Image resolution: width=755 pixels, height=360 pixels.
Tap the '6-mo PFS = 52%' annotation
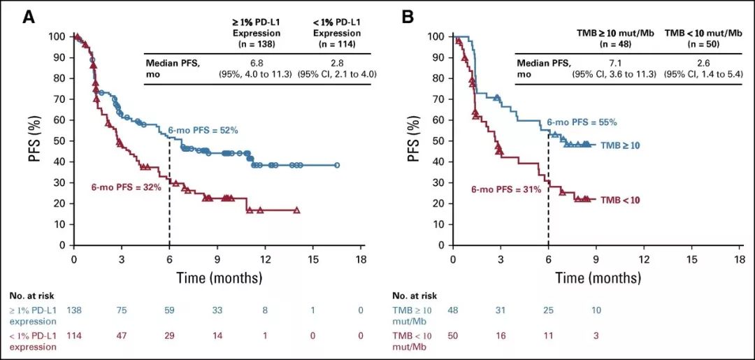pyautogui.click(x=203, y=130)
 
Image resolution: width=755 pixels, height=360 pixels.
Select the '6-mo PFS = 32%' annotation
pyautogui.click(x=127, y=187)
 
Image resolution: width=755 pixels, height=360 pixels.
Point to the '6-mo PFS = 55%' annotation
pyautogui.click(x=582, y=122)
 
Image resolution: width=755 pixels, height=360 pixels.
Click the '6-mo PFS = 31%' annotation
pyautogui.click(x=506, y=189)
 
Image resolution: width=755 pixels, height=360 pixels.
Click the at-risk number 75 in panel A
pyautogui.click(x=121, y=310)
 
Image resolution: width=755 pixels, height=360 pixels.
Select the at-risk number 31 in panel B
pyautogui.click(x=500, y=310)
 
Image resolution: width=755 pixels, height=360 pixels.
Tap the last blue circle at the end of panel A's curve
pyautogui.click(x=336, y=166)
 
